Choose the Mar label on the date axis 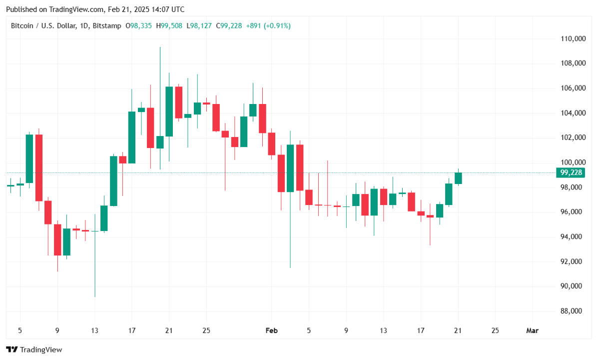(x=533, y=330)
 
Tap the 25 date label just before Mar (x=495, y=330)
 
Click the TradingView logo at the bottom (x=34, y=349)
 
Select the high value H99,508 (x=170, y=25)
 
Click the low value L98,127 (x=200, y=25)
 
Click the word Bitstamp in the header (x=107, y=25)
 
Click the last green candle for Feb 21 (x=458, y=178)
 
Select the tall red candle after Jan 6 (x=39, y=167)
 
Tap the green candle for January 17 (x=132, y=137)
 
